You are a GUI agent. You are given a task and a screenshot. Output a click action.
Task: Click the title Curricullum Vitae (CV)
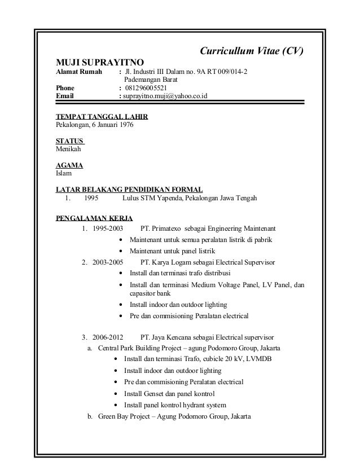pyautogui.click(x=252, y=51)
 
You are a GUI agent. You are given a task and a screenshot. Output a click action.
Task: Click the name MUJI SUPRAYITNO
pyautogui.click(x=99, y=61)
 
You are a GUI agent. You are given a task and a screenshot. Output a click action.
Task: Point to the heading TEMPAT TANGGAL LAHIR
pyautogui.click(x=102, y=117)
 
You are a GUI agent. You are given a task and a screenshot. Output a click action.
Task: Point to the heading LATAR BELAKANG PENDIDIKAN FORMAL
pyautogui.click(x=129, y=190)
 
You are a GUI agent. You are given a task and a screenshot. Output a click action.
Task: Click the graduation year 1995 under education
pyautogui.click(x=91, y=198)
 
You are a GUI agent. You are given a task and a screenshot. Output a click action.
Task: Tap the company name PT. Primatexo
pyautogui.click(x=164, y=230)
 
